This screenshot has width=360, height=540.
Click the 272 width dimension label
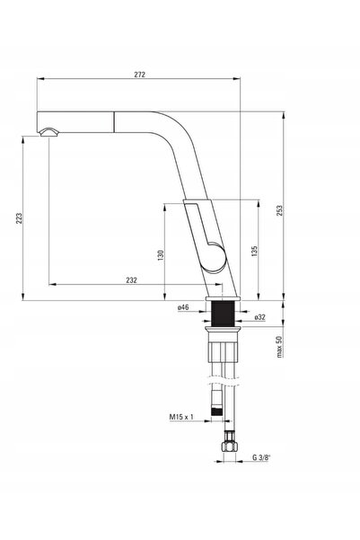(x=139, y=75)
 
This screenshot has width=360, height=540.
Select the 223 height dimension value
(x=19, y=218)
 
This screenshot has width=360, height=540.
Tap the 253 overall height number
(x=279, y=210)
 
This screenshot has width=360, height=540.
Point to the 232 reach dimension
(x=131, y=280)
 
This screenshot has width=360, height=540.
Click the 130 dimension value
(x=161, y=255)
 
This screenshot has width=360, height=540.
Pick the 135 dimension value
(x=254, y=251)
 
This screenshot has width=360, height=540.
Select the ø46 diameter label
(x=183, y=307)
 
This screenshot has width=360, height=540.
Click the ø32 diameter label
(x=259, y=317)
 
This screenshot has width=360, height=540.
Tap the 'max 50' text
(x=279, y=347)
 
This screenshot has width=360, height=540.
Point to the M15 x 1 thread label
(x=181, y=417)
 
